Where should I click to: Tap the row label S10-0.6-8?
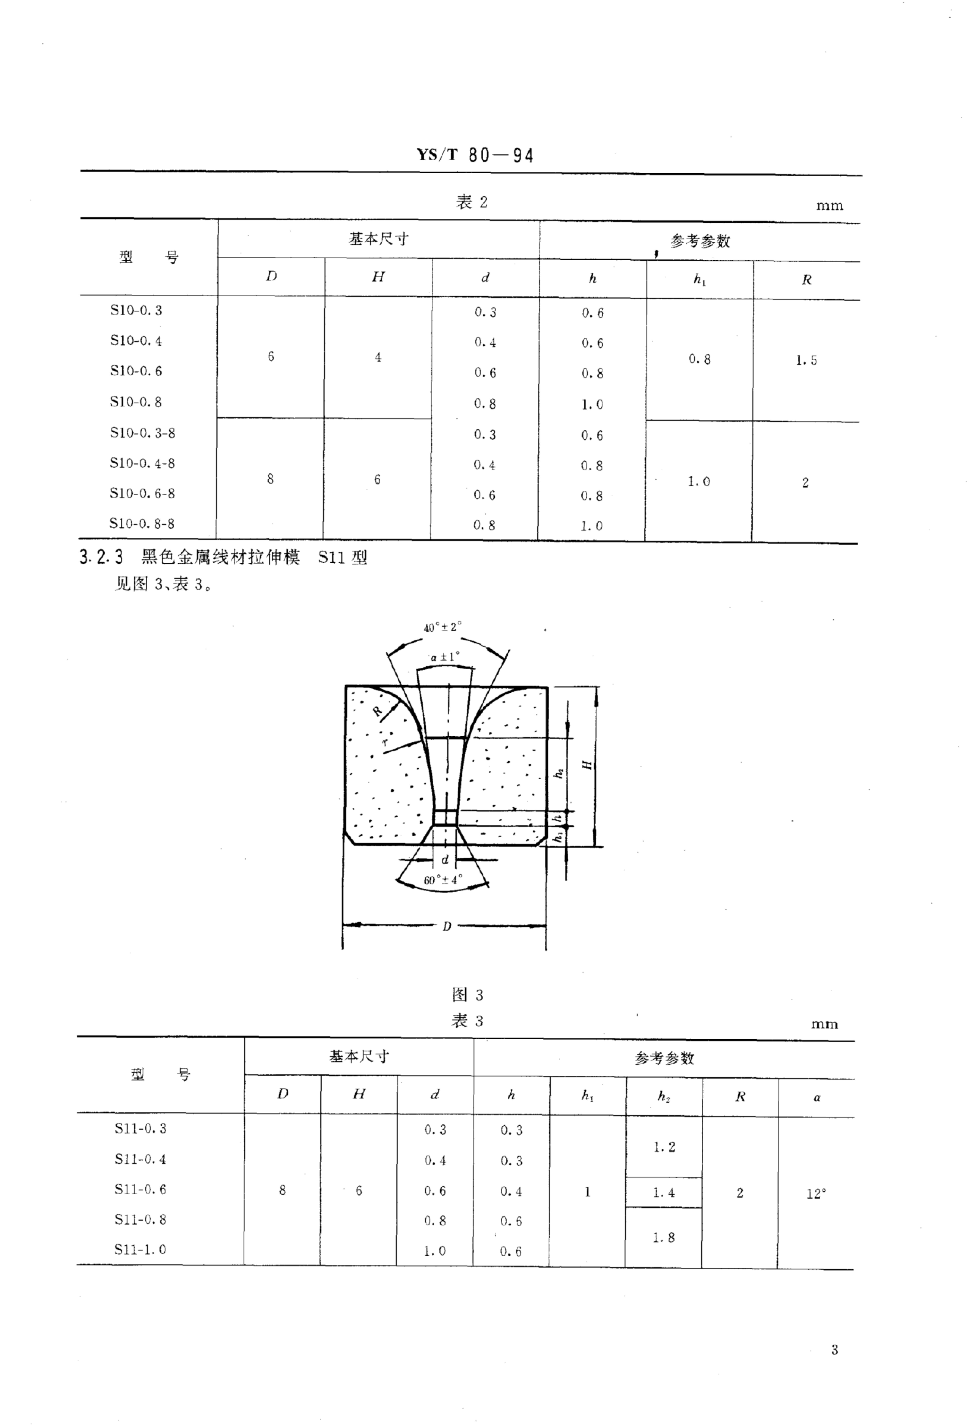pyautogui.click(x=142, y=493)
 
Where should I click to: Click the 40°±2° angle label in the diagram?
pyautogui.click(x=442, y=627)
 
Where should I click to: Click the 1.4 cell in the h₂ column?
pyautogui.click(x=663, y=1193)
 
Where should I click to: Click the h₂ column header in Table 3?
pyautogui.click(x=663, y=1096)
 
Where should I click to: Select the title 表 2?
pyautogui.click(x=471, y=202)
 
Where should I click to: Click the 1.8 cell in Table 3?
pyautogui.click(x=663, y=1238)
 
